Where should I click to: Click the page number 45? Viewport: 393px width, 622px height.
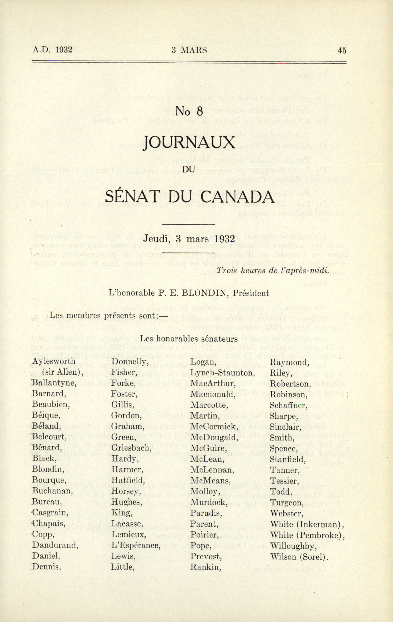tap(342, 50)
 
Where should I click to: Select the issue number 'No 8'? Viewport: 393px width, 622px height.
tap(189, 112)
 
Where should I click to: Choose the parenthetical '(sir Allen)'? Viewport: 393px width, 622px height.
tap(62, 373)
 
